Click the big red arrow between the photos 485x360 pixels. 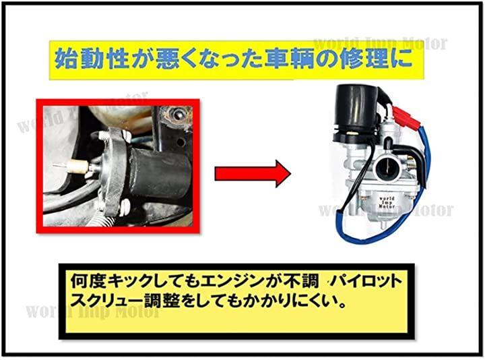(253, 174)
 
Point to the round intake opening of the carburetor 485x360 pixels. (385, 167)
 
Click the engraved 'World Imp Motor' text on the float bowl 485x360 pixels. (387, 202)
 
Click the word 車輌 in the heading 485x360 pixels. (288, 59)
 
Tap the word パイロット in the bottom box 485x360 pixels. (367, 281)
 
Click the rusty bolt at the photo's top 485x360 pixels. (177, 115)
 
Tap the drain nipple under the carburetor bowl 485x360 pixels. (383, 224)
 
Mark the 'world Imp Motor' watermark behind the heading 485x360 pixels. (381, 43)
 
